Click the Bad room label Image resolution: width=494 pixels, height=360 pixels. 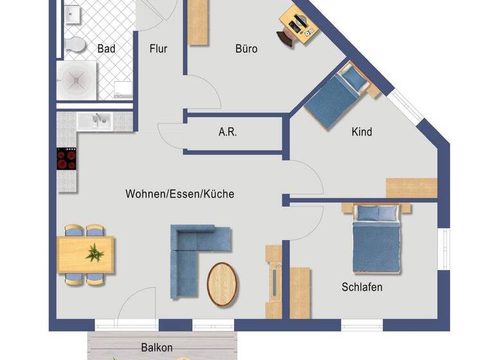click(x=105, y=49)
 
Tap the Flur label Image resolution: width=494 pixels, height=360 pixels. click(x=158, y=49)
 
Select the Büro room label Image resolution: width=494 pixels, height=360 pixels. click(x=246, y=49)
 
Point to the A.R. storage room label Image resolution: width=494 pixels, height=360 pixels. click(x=228, y=133)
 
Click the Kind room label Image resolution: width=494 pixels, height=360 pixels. click(x=361, y=132)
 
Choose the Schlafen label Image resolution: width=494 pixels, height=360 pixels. click(x=361, y=287)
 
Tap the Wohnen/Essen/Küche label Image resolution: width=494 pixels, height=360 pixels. click(x=179, y=194)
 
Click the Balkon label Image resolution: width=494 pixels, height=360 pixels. click(x=156, y=348)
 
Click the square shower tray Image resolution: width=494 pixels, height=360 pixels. click(x=77, y=80)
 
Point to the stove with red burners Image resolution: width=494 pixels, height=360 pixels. click(x=66, y=158)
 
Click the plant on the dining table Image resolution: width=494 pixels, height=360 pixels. click(x=95, y=253)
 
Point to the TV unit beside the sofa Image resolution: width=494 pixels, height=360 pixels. click(x=273, y=281)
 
